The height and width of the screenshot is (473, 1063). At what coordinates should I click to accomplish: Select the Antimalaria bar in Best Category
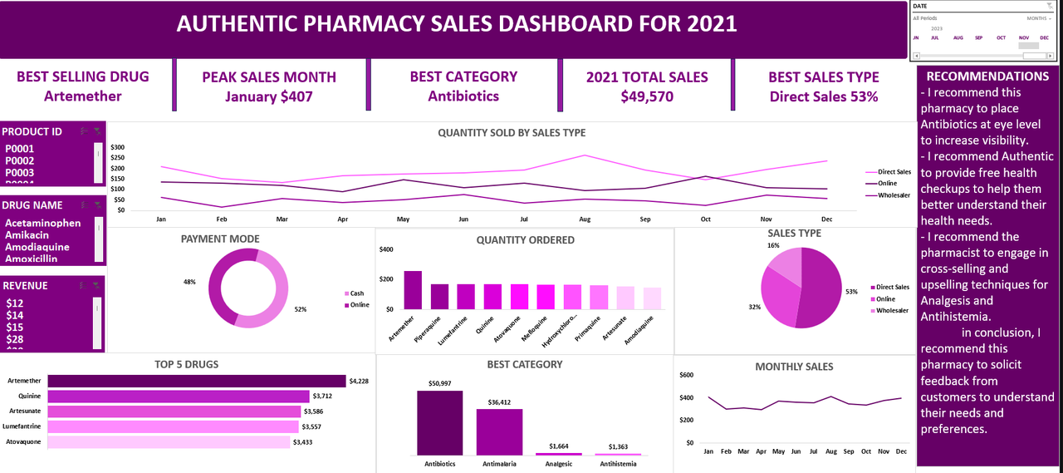[x=499, y=431]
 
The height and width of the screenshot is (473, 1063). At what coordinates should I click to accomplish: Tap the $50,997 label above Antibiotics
[x=439, y=383]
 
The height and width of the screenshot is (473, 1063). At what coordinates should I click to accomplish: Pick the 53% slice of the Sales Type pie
[x=819, y=291]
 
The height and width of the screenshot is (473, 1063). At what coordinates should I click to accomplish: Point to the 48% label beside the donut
[x=190, y=282]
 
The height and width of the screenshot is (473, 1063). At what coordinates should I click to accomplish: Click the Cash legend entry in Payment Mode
[x=356, y=293]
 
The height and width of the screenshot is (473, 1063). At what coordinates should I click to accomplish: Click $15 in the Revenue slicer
[x=15, y=328]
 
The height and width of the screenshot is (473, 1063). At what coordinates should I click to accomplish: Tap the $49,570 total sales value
[x=647, y=96]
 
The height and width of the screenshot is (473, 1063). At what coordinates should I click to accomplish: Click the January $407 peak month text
[x=269, y=96]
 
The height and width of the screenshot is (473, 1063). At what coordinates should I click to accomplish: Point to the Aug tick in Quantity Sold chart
[x=585, y=219]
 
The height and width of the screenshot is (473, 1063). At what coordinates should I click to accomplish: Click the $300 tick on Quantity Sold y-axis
[x=117, y=147]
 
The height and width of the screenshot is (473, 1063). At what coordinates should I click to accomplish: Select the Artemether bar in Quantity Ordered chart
[x=413, y=289]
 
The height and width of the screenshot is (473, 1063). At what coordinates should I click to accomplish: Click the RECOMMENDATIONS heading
[x=987, y=76]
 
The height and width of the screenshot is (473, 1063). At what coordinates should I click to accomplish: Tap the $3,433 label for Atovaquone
[x=302, y=442]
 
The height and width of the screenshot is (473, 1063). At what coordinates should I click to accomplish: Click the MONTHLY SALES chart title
[x=794, y=367]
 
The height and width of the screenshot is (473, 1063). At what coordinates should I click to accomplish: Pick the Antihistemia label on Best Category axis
[x=617, y=464]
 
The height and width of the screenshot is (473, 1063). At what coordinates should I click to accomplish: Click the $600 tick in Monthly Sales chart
[x=686, y=375]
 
